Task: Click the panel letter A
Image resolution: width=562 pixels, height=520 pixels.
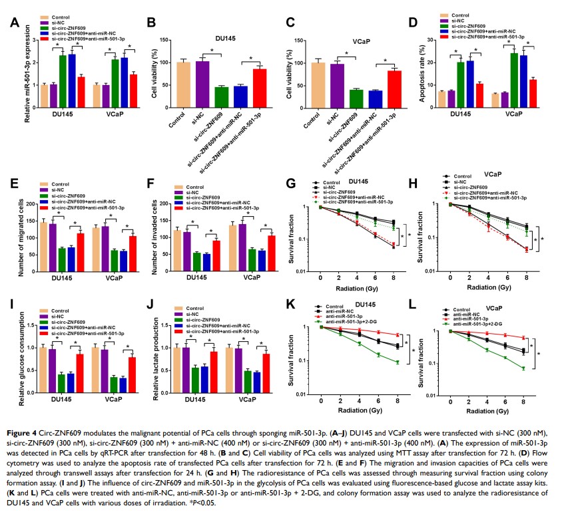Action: [13, 23]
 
